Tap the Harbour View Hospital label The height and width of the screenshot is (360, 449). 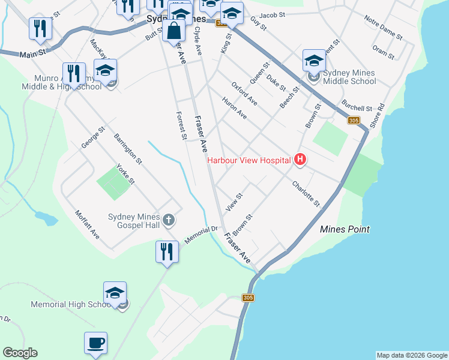point(250,160)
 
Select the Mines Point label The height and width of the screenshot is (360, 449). point(345,229)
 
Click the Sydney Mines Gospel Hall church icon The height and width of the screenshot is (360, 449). point(169,220)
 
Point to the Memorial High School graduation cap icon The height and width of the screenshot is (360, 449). point(115,293)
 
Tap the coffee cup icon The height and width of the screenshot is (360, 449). point(95,343)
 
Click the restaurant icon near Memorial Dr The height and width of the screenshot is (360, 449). point(167,251)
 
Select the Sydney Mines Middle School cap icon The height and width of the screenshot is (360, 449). point(314,61)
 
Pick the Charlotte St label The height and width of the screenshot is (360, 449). point(307,194)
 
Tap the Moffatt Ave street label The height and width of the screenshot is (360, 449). point(87,224)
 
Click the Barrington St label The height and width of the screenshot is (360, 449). point(128,149)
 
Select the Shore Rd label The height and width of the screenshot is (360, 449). point(376,114)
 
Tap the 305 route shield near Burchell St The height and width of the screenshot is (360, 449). point(354,121)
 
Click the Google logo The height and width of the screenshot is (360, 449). point(20,353)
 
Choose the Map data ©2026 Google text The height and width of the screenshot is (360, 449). point(412,355)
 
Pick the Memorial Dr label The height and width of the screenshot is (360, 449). point(200,234)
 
